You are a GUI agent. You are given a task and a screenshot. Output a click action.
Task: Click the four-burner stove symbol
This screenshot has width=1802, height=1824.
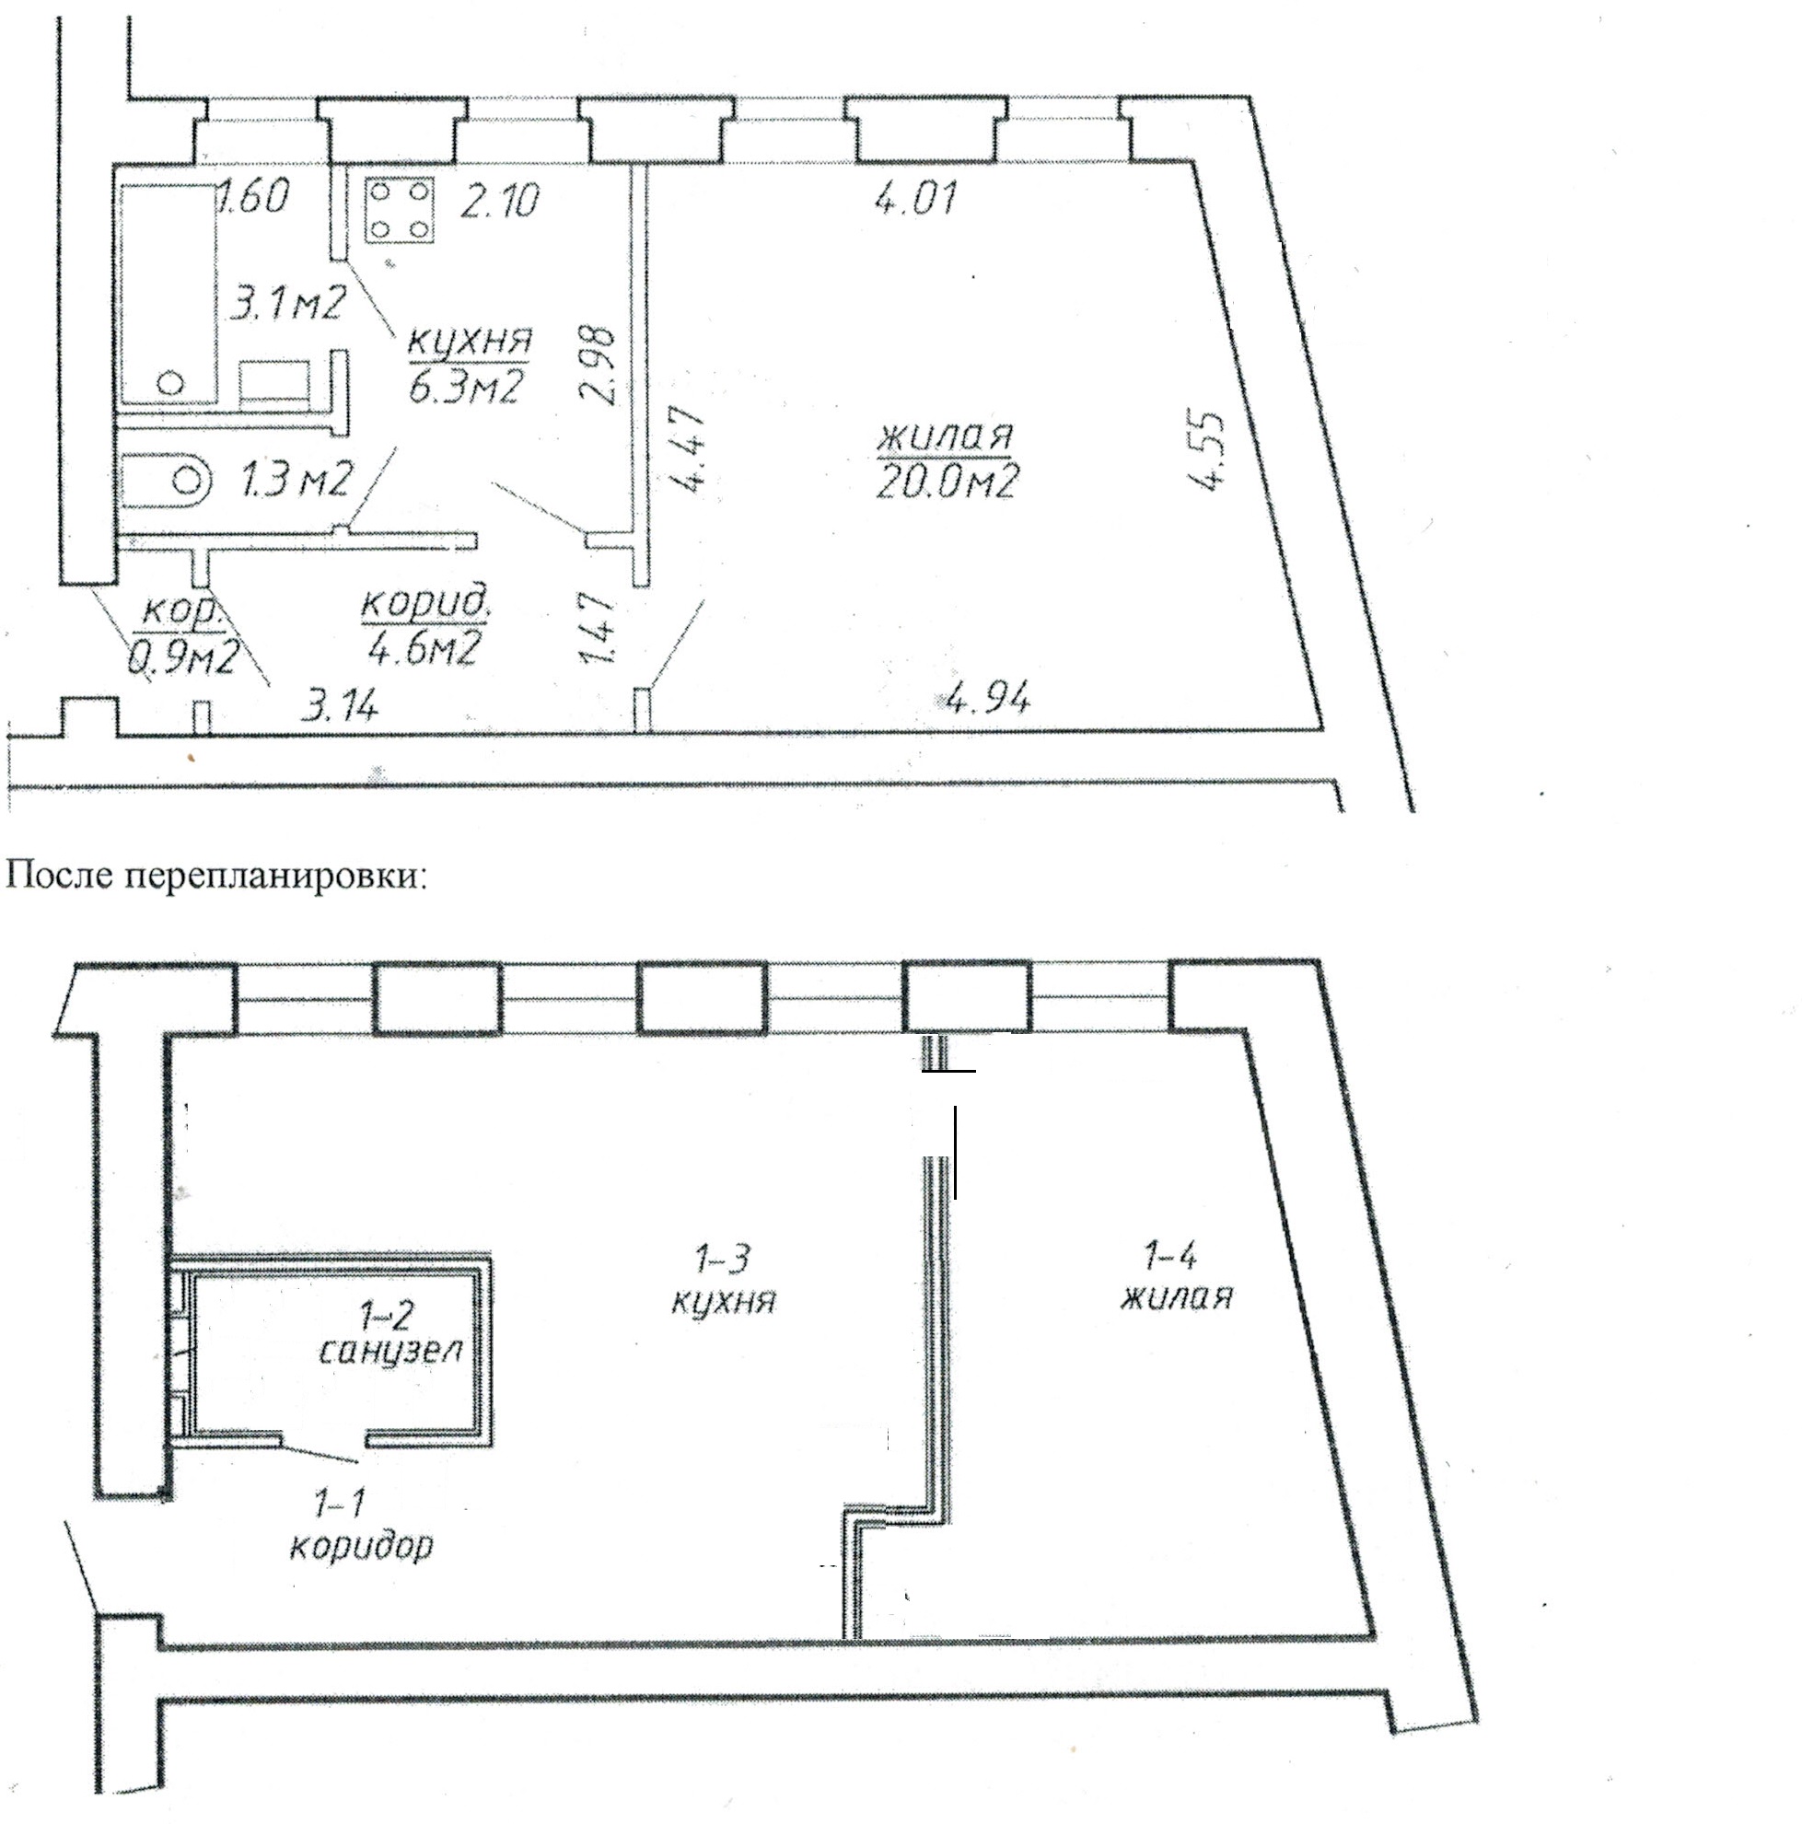tap(401, 211)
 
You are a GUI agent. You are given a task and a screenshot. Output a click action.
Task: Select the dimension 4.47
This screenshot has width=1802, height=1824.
tap(688, 449)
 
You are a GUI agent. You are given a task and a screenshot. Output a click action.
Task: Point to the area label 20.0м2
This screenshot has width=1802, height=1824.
tap(946, 482)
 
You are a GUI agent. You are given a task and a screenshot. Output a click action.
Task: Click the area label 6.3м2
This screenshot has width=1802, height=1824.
tap(464, 385)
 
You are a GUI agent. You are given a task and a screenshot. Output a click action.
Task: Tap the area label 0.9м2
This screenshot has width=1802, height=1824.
tap(183, 657)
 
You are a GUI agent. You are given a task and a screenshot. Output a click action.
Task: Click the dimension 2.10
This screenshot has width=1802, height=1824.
tap(499, 200)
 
